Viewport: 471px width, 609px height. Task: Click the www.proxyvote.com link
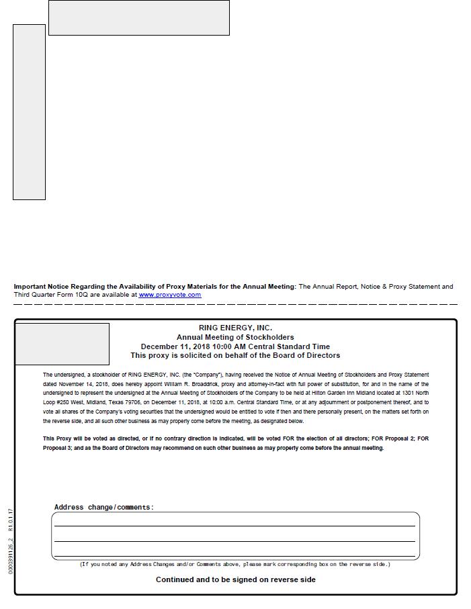pyautogui.click(x=169, y=295)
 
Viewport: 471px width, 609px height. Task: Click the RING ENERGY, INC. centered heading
pyautogui.click(x=235, y=328)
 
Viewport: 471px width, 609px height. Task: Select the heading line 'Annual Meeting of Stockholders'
pyautogui.click(x=235, y=337)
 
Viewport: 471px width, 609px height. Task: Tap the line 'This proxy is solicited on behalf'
pyautogui.click(x=235, y=355)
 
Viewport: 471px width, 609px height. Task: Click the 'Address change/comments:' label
pyautogui.click(x=104, y=507)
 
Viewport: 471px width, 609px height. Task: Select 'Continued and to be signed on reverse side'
pyautogui.click(x=235, y=579)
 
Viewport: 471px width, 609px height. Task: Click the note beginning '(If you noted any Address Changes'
pyautogui.click(x=235, y=564)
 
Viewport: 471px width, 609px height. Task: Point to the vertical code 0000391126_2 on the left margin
pyautogui.click(x=10, y=557)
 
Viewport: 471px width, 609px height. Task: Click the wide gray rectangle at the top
pyautogui.click(x=139, y=17)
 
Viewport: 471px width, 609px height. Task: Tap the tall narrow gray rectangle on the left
pyautogui.click(x=29, y=112)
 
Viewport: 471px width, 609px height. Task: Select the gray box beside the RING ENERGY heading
pyautogui.click(x=62, y=344)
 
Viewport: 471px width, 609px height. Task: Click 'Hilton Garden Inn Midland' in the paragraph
pyautogui.click(x=339, y=393)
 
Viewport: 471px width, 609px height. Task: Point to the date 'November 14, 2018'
pyautogui.click(x=77, y=384)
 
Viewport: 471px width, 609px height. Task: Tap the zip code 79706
pyautogui.click(x=130, y=403)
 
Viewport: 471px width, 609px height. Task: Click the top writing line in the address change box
pyautogui.click(x=235, y=525)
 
